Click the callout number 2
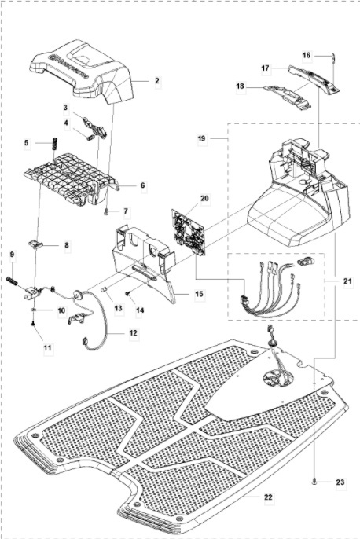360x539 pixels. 156,81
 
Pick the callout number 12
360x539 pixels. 133,334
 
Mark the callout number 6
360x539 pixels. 142,185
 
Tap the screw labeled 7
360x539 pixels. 106,210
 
